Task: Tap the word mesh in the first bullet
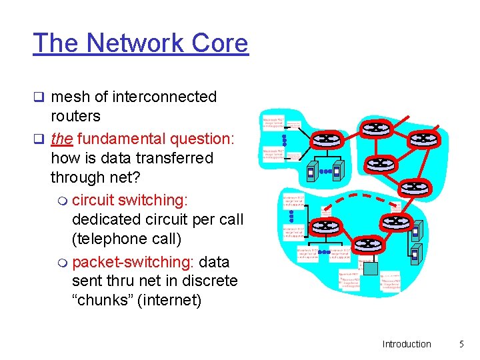pos(69,97)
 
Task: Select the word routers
pos(75,116)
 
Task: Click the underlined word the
pos(61,139)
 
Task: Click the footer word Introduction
pos(407,344)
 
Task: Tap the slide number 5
pos(461,344)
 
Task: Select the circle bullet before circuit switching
pos(63,201)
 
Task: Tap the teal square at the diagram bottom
pos(371,269)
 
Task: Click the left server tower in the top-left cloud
pos(311,172)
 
